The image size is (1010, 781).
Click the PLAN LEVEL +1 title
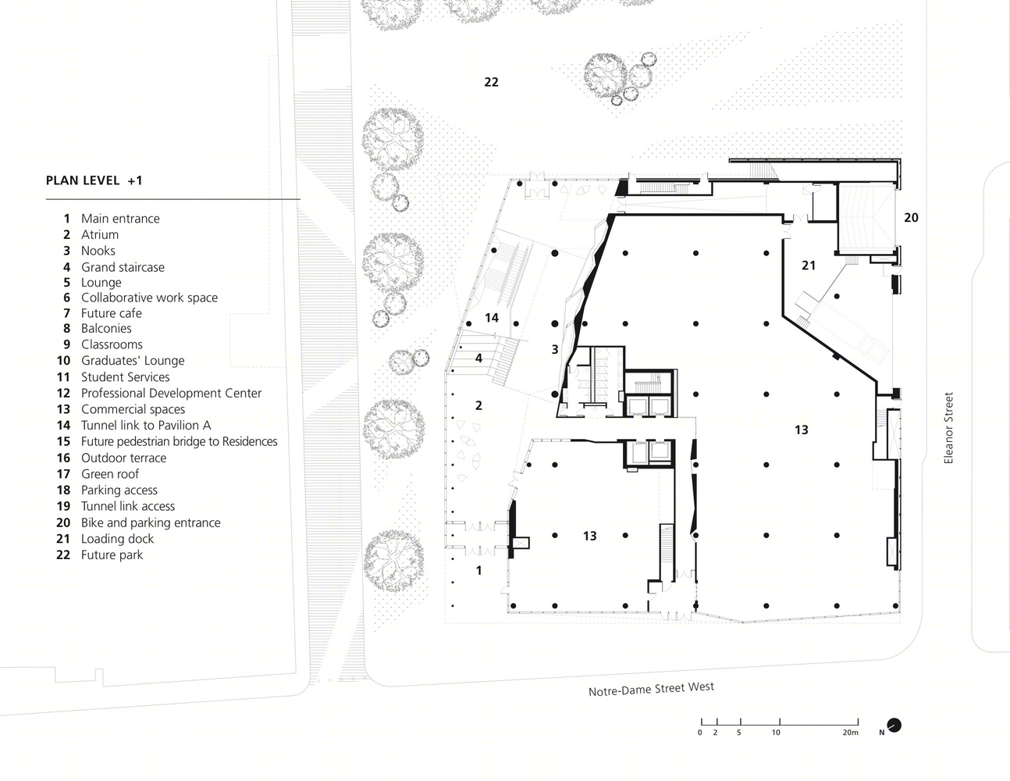pos(94,180)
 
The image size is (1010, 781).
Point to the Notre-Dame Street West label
pos(651,689)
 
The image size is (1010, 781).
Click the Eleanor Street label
pos(948,428)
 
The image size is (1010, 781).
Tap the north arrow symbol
pos(894,726)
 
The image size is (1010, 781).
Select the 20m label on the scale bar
pos(850,733)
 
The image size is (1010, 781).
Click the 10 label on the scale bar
pos(776,733)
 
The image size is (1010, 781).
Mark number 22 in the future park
pos(491,82)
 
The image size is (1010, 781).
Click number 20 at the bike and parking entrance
pos(911,218)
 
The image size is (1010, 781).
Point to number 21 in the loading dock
pos(809,266)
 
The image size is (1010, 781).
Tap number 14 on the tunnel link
pos(491,318)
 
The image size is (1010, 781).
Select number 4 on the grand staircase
pos(478,358)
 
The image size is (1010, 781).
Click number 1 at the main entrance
pos(479,570)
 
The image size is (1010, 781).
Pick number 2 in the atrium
pos(478,406)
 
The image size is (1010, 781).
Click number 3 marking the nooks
pos(554,350)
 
